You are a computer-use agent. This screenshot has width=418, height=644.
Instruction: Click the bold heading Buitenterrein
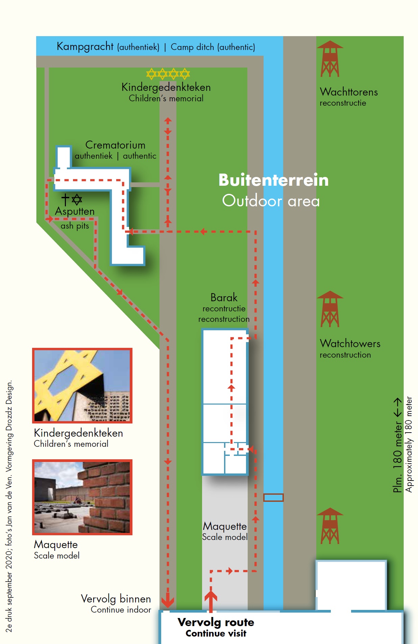pyautogui.click(x=273, y=180)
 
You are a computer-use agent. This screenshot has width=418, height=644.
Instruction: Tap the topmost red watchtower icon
pyautogui.click(x=330, y=59)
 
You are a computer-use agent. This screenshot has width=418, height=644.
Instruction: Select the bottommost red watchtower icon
pyautogui.click(x=330, y=526)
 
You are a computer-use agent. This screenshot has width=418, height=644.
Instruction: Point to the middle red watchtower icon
pyautogui.click(x=330, y=309)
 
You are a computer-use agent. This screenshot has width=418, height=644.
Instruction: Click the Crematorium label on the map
pyautogui.click(x=115, y=145)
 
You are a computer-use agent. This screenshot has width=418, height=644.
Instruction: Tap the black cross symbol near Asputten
pyautogui.click(x=65, y=200)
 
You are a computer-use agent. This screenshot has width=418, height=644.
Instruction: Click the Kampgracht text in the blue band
pyautogui.click(x=85, y=46)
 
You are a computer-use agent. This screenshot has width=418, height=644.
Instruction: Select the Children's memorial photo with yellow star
pyautogui.click(x=82, y=385)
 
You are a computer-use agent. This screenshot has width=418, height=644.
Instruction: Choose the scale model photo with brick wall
pyautogui.click(x=82, y=497)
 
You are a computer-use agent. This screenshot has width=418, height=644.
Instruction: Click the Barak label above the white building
pyautogui.click(x=224, y=298)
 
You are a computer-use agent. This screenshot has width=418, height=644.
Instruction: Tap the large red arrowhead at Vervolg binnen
pyautogui.click(x=168, y=601)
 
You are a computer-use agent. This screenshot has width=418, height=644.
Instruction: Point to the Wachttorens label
pyautogui.click(x=349, y=92)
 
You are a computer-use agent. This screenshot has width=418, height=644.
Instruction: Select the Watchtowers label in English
pyautogui.click(x=350, y=343)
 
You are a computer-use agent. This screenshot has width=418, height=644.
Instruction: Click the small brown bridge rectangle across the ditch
pyautogui.click(x=273, y=497)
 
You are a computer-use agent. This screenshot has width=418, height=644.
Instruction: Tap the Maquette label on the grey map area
pyautogui.click(x=225, y=526)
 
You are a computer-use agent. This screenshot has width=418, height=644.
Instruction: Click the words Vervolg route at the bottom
pyautogui.click(x=216, y=622)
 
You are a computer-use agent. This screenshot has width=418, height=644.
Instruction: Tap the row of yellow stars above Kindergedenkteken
pyautogui.click(x=168, y=73)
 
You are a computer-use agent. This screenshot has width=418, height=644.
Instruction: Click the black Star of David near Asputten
pyautogui.click(x=77, y=200)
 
